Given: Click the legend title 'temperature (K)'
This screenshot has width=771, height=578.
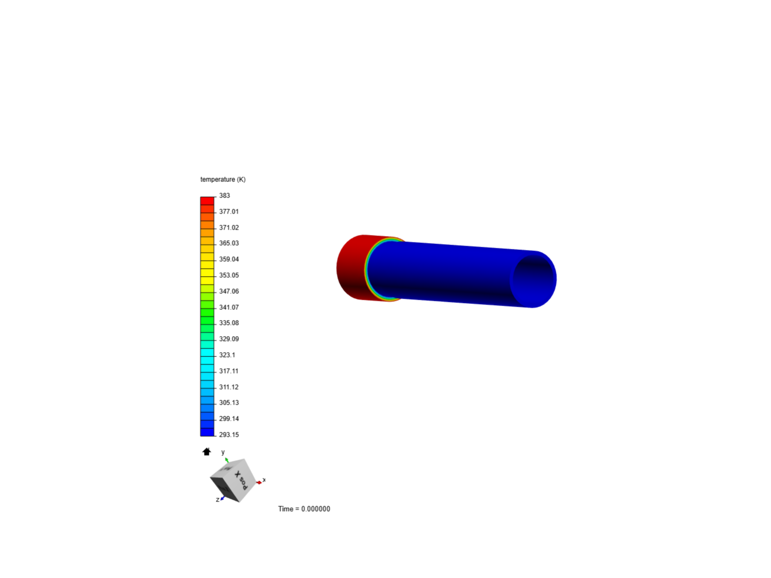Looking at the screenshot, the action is [223, 179].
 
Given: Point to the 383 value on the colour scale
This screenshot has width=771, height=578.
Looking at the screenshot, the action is [224, 195].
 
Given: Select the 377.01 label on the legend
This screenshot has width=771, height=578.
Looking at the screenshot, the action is [229, 211].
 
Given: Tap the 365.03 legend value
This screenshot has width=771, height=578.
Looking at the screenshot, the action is [229, 243].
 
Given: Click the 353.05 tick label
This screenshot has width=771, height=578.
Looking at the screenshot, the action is [229, 275].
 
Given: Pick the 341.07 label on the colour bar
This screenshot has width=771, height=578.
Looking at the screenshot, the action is [229, 307].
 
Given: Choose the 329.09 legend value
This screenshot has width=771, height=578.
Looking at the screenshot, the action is [229, 339].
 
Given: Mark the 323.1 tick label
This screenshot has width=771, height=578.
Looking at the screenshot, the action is [227, 355].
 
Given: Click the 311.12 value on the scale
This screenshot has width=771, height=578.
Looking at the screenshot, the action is [229, 387].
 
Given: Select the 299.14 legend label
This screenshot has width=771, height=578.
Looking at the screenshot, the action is [229, 419].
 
